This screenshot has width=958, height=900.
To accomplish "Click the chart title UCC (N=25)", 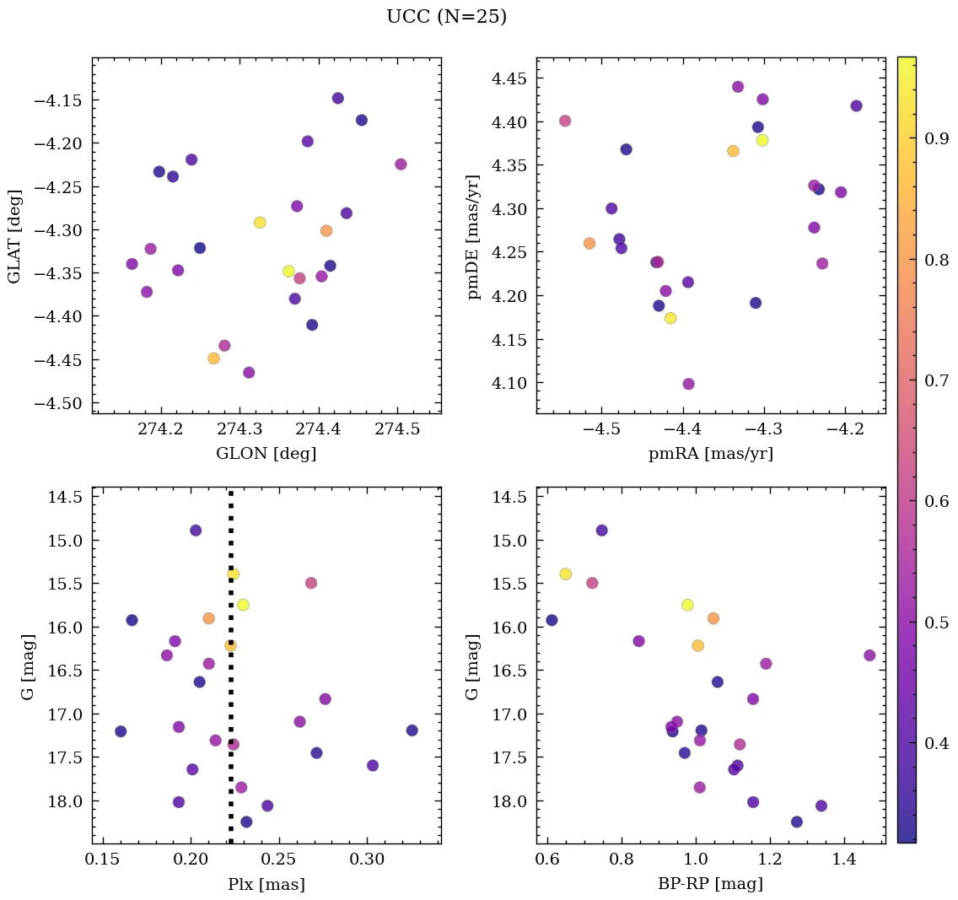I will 446,17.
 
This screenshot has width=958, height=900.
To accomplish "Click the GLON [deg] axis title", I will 266,454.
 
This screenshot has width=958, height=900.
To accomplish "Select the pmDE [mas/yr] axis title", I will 472,235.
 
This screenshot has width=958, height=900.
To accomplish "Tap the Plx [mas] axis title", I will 266,884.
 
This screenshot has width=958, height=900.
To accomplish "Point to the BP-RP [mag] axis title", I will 710,884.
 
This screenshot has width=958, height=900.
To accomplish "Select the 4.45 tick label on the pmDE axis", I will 510,79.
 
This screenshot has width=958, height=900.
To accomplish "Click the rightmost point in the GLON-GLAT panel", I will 401,164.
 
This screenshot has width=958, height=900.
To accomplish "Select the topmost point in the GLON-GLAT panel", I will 338,99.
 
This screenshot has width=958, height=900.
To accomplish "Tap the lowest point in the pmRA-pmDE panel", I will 688,384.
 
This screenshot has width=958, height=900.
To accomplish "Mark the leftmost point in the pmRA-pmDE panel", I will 565,121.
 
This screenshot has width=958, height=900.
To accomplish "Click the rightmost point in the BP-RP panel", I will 869,655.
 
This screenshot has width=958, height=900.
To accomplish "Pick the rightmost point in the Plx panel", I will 412,730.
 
